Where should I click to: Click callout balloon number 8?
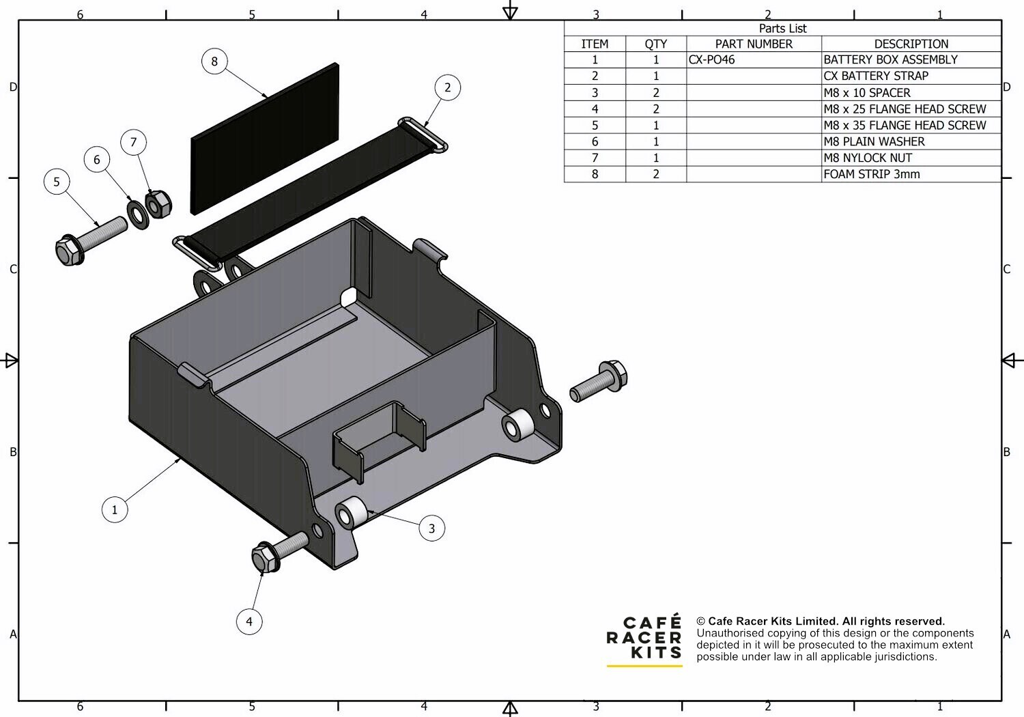pyautogui.click(x=214, y=61)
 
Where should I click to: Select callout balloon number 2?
pyautogui.click(x=447, y=87)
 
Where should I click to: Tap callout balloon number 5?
pyautogui.click(x=57, y=182)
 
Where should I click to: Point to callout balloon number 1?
pyautogui.click(x=115, y=509)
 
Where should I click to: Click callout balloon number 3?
pyautogui.click(x=431, y=528)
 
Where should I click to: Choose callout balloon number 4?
pyautogui.click(x=249, y=621)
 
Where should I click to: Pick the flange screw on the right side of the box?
pyautogui.click(x=599, y=382)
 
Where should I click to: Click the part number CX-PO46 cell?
pyautogui.click(x=754, y=59)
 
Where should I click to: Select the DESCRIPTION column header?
pyautogui.click(x=911, y=44)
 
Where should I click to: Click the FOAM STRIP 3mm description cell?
pyautogui.click(x=911, y=174)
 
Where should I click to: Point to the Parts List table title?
pyautogui.click(x=782, y=28)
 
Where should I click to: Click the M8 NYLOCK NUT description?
pyautogui.click(x=911, y=158)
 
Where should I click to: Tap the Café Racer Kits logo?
pyautogui.click(x=644, y=638)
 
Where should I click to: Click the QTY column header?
pyautogui.click(x=655, y=44)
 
